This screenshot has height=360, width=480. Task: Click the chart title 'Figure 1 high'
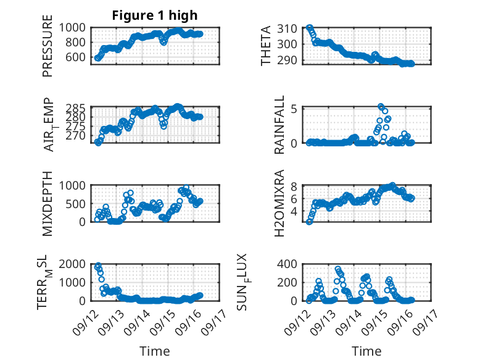(154, 15)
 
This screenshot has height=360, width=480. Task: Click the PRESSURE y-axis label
(48, 49)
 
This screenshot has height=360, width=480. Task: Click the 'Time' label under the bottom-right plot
(366, 351)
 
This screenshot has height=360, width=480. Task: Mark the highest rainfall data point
(381, 107)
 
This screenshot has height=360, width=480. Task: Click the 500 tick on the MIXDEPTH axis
(79, 203)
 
